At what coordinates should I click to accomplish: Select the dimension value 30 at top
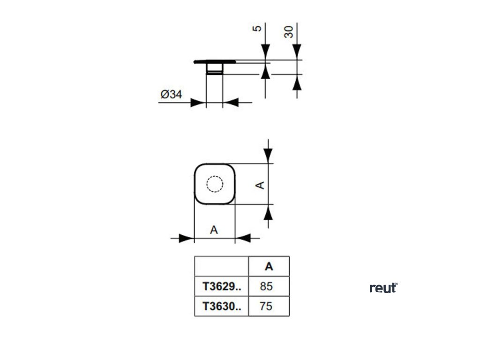tap(289, 32)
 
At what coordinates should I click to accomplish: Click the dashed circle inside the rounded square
tap(215, 184)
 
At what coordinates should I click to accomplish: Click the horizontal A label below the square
tap(214, 230)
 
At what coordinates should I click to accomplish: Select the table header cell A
tap(269, 266)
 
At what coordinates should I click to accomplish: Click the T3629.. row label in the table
tap(221, 286)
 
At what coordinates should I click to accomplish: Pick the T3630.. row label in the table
tap(221, 306)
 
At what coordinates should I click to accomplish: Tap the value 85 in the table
tap(266, 286)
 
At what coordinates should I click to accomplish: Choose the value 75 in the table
tap(266, 306)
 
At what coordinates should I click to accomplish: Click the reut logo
tap(383, 288)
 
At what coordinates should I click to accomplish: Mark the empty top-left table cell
tap(221, 266)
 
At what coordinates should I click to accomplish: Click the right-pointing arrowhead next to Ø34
tap(198, 102)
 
